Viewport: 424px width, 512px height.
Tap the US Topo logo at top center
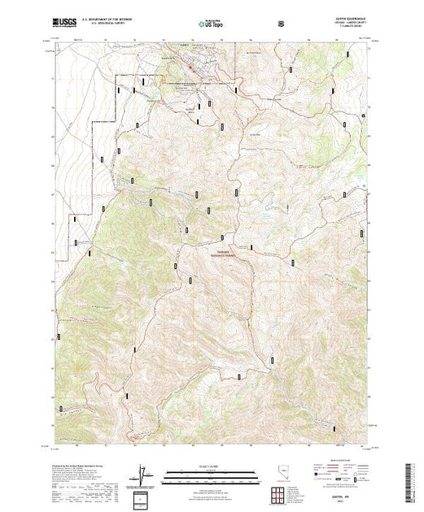(x=211, y=24)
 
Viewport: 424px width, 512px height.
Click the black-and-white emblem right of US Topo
(x=282, y=24)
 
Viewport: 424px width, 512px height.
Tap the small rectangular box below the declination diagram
(x=143, y=498)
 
